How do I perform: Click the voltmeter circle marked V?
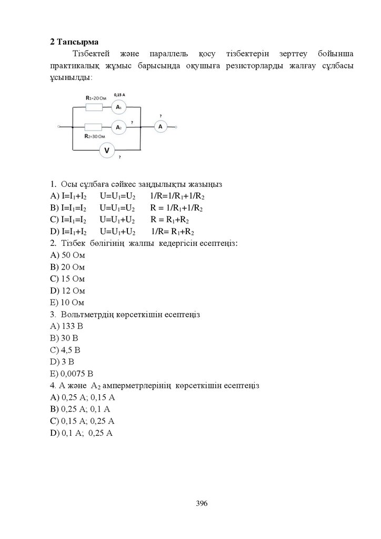click(107, 151)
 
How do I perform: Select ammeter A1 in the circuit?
click(118, 107)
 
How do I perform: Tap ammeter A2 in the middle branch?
click(118, 127)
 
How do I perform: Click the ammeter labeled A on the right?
click(160, 127)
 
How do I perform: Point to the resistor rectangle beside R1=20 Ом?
click(94, 107)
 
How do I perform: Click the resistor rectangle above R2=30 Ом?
click(93, 127)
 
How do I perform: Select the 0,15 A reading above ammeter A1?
click(119, 94)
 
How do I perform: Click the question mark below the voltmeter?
click(119, 157)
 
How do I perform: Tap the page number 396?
click(202, 504)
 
